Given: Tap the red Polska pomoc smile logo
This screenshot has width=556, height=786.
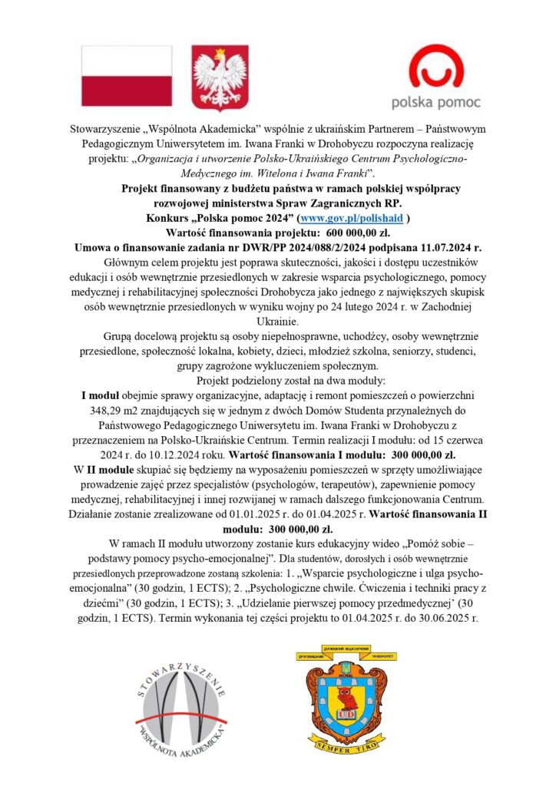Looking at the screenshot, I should [435, 67].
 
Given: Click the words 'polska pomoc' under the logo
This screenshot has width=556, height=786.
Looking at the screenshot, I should [435, 101].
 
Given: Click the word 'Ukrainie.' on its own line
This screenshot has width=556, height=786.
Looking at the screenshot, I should [278, 323].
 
